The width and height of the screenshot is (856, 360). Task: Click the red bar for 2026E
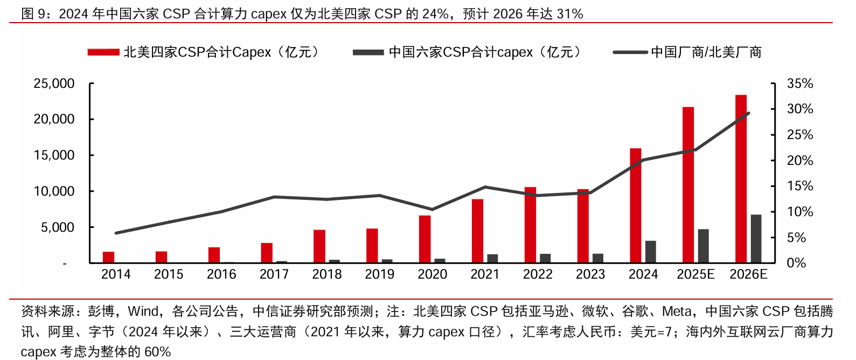(741, 179)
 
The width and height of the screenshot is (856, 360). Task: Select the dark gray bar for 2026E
(756, 239)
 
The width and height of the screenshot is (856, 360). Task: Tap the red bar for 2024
(636, 205)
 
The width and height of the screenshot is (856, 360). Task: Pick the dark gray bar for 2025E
(703, 246)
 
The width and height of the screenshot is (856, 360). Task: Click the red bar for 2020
(424, 239)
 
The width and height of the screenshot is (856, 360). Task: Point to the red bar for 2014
(108, 257)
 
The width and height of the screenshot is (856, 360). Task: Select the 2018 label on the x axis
(327, 274)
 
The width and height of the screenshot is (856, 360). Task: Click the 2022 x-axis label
(538, 274)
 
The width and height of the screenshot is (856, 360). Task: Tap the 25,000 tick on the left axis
(54, 84)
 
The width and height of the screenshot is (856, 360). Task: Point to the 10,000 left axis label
(54, 191)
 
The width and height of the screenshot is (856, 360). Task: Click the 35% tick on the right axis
(799, 84)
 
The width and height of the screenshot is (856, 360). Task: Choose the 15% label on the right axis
(799, 186)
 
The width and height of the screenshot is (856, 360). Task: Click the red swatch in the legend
(103, 52)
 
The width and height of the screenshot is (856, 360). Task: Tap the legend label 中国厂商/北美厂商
(706, 52)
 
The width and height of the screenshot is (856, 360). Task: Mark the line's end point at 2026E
(749, 113)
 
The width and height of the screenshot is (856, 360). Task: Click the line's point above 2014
(116, 233)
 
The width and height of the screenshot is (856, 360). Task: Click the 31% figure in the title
(570, 13)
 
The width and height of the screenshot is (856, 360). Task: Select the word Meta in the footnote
(677, 311)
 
